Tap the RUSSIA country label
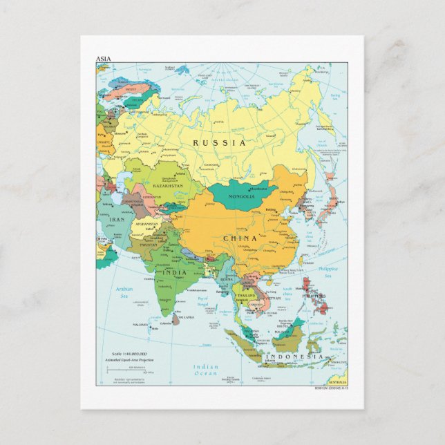pos(219,142)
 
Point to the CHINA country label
pos(240,238)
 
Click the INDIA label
pos(173,272)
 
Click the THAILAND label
pos(247,295)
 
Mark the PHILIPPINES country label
pos(314,296)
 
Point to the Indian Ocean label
pos(205,370)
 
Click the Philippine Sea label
pos(329,272)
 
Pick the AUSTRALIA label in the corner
pos(338,382)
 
